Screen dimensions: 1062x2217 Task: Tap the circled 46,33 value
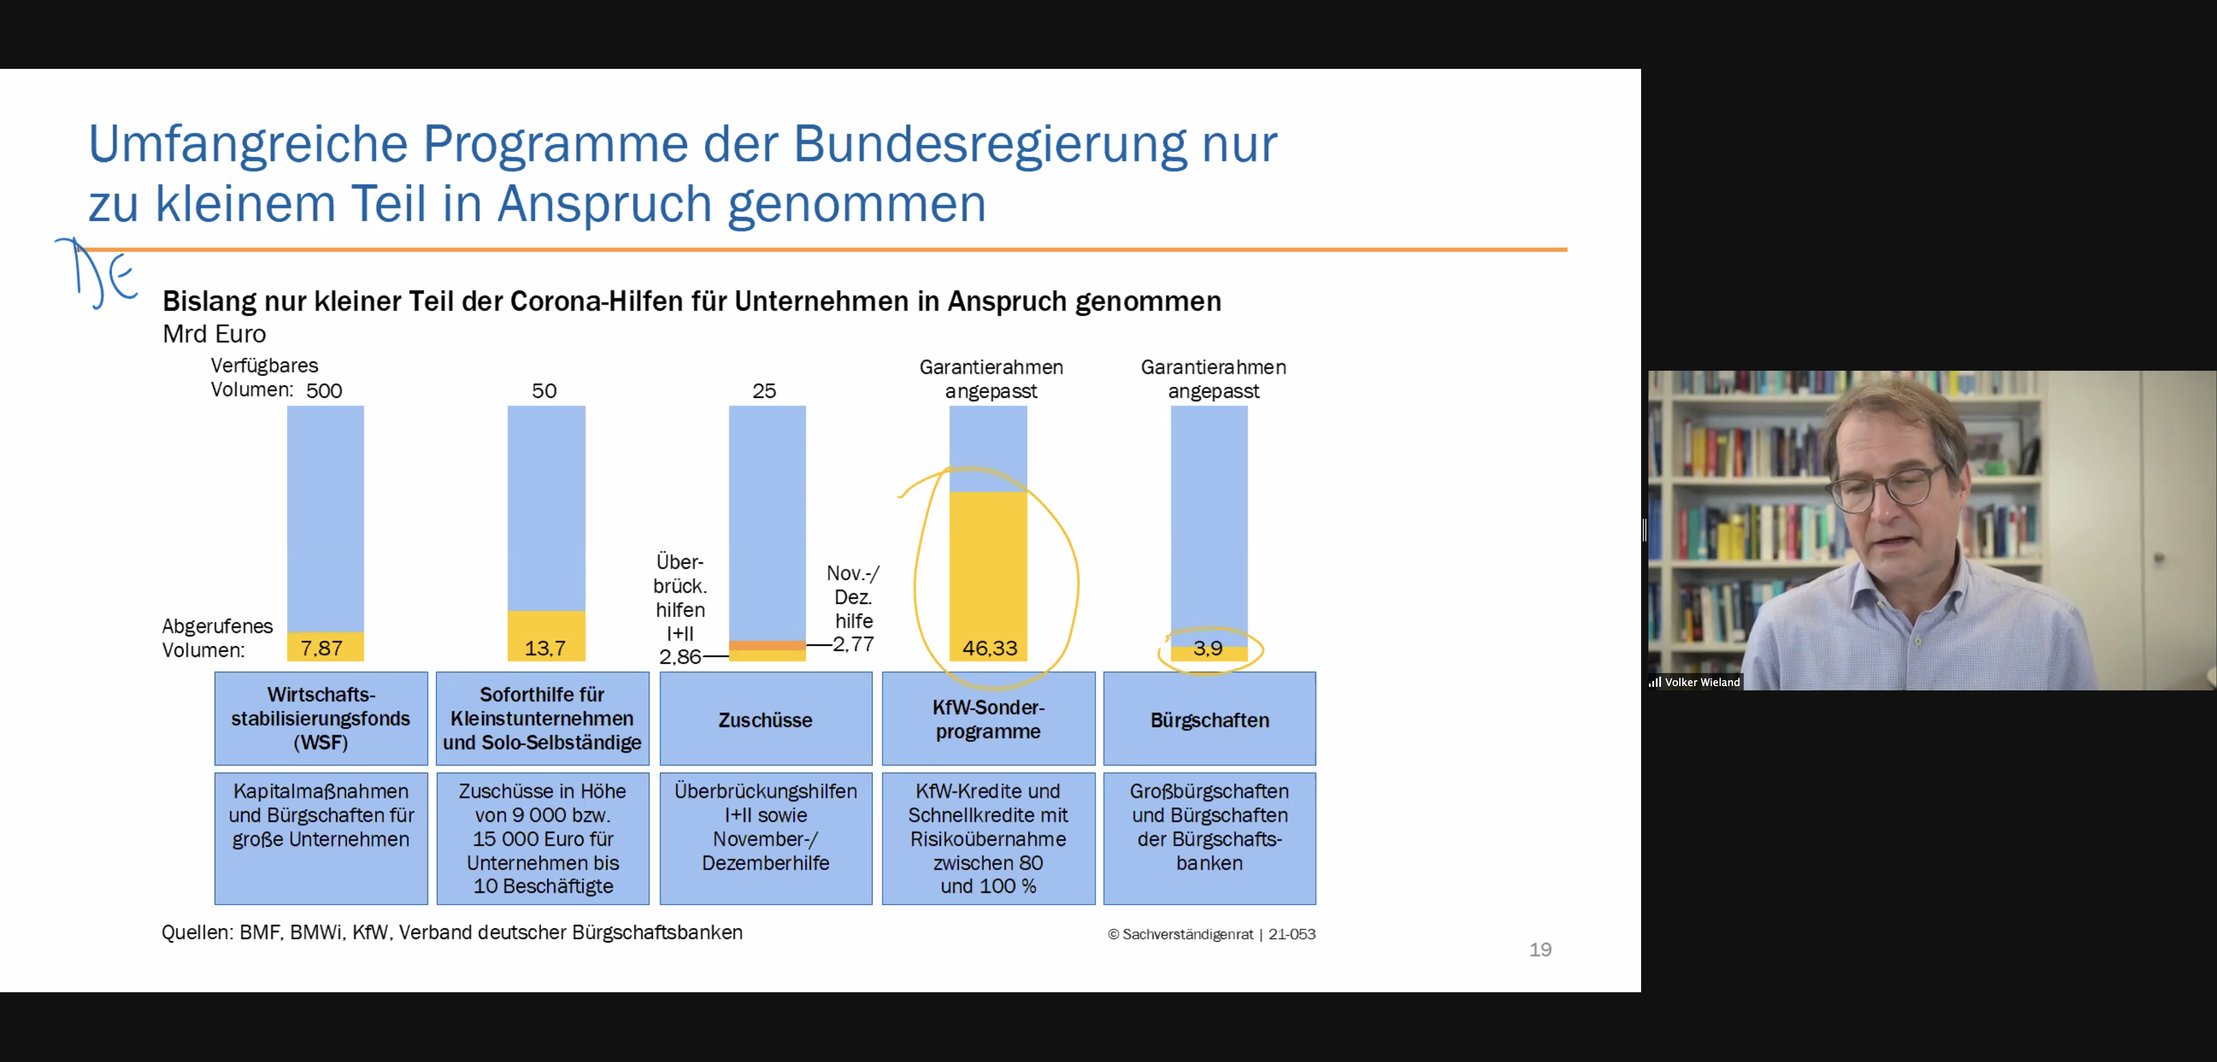tap(990, 648)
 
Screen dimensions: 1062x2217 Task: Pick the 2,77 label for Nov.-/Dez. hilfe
tap(854, 644)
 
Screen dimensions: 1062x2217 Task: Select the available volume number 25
tap(764, 391)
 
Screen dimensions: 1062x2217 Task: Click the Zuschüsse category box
tap(765, 719)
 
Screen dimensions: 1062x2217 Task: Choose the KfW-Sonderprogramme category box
tap(988, 719)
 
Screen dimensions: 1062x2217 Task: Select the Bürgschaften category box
tap(1209, 719)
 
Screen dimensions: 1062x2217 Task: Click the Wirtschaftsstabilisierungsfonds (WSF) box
tap(321, 719)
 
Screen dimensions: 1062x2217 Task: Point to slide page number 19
tap(1540, 949)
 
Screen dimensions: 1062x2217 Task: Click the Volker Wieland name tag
tap(1701, 682)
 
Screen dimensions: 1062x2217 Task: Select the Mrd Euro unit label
tap(214, 334)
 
